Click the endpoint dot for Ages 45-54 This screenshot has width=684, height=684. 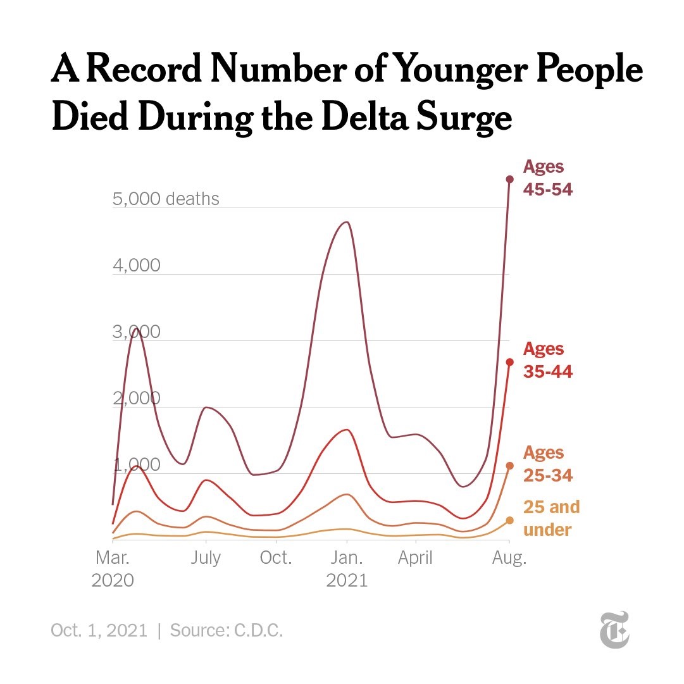pyautogui.click(x=509, y=179)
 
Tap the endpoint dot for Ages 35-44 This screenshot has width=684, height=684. pyautogui.click(x=509, y=362)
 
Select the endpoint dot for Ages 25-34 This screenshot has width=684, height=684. pyautogui.click(x=509, y=466)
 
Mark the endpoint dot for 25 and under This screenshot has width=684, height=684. pyautogui.click(x=509, y=520)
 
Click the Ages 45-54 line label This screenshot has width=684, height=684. pyautogui.click(x=548, y=178)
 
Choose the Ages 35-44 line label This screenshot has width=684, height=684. pyautogui.click(x=548, y=360)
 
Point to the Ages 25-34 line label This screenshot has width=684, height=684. pyautogui.click(x=548, y=464)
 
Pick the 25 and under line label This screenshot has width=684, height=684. pyautogui.click(x=551, y=518)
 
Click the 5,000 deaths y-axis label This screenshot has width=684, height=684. pyautogui.click(x=166, y=199)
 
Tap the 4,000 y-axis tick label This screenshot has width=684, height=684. pyautogui.click(x=137, y=266)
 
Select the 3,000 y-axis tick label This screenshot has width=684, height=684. pyautogui.click(x=137, y=332)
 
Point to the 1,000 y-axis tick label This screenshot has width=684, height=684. pyautogui.click(x=137, y=465)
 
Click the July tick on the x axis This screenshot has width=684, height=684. pyautogui.click(x=206, y=558)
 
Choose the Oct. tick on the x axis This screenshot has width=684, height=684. pyautogui.click(x=276, y=558)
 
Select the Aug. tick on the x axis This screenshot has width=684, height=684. pyautogui.click(x=509, y=558)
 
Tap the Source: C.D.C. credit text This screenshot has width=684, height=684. pyautogui.click(x=227, y=631)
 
